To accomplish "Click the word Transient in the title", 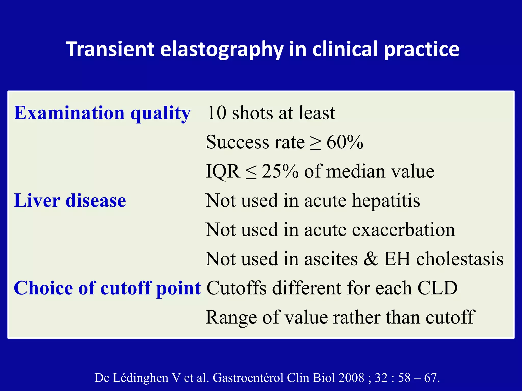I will click(110, 49).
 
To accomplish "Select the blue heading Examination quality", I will click(102, 113).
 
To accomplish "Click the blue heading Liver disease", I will click(70, 201).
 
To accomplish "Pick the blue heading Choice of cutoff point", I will click(107, 288).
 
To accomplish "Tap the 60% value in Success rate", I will click(345, 142).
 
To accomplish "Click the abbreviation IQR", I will click(223, 172).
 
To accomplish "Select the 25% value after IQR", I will click(280, 171).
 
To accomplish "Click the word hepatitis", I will click(386, 201).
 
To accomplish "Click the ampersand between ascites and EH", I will click(371, 259).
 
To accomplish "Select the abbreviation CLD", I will click(437, 288).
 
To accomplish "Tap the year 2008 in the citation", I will click(351, 378).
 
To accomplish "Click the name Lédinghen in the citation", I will click(140, 378).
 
